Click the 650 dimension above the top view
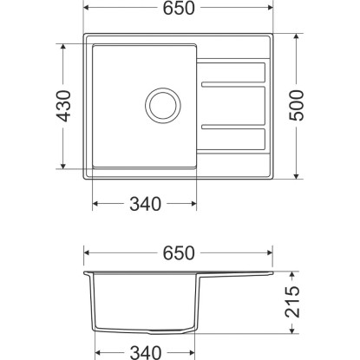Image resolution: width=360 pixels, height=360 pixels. pos(179,8)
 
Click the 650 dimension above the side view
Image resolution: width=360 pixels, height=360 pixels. pos(179,253)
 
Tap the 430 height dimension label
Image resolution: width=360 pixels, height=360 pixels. pos(63,106)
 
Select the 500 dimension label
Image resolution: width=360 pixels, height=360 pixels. pos(297,106)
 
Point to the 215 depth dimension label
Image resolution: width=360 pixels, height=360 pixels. pos(292,302)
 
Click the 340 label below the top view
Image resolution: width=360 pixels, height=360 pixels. pos(145,204)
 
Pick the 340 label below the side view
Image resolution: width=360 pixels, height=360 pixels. pos(145,353)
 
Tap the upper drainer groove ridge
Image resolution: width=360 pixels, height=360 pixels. pos(233,84)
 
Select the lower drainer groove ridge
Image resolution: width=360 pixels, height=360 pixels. pos(233,127)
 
